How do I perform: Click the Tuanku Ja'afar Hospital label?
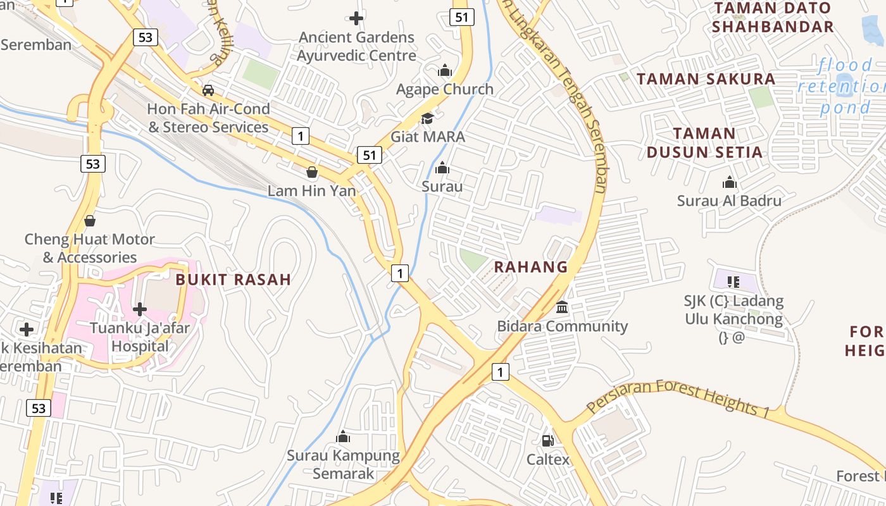[139, 337]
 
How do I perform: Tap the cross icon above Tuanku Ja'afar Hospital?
[140, 309]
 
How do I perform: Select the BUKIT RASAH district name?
[233, 280]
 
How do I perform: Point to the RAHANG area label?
[530, 267]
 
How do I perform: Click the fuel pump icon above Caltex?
[548, 441]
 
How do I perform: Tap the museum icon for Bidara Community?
[562, 307]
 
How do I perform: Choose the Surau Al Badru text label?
[729, 201]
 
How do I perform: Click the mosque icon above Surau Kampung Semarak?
[343, 436]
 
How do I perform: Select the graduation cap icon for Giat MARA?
[428, 118]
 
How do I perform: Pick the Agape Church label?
[444, 89]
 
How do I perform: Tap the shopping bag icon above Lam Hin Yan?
[311, 172]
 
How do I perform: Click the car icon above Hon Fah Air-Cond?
[208, 90]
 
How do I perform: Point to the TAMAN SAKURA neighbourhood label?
[706, 79]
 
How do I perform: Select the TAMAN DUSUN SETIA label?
[704, 143]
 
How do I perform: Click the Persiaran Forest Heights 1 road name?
[678, 398]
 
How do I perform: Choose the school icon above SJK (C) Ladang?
[733, 282]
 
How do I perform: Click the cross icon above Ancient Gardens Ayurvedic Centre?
[356, 18]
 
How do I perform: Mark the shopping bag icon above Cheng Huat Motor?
[90, 221]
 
